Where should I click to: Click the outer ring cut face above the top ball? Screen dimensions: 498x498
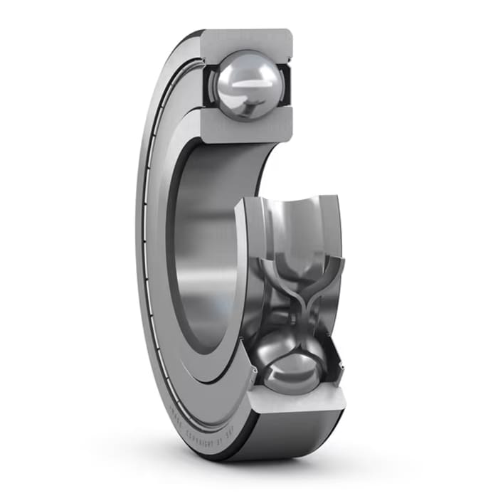click(246, 42)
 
